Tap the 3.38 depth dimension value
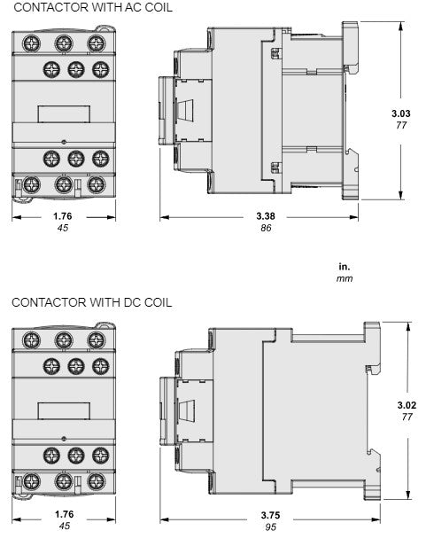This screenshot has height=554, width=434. [x=264, y=215]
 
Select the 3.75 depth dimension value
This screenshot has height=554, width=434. [x=269, y=515]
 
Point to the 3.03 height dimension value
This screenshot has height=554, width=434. [x=401, y=113]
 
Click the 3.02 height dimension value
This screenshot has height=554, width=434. [x=407, y=404]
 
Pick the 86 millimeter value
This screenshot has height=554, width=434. [x=264, y=228]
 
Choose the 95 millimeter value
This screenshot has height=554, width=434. [x=269, y=527]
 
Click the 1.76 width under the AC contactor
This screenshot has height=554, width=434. [x=63, y=215]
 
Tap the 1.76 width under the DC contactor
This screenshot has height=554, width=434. [x=64, y=514]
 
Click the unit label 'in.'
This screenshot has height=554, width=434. [x=345, y=265]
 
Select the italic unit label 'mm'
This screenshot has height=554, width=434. [x=345, y=277]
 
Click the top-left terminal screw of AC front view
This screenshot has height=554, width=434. [x=33, y=42]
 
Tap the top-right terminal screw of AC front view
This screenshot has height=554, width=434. [x=94, y=42]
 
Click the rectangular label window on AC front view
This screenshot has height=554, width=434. [x=63, y=113]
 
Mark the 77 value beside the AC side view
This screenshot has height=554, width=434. [x=401, y=126]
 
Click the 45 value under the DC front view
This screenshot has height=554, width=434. [x=64, y=527]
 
